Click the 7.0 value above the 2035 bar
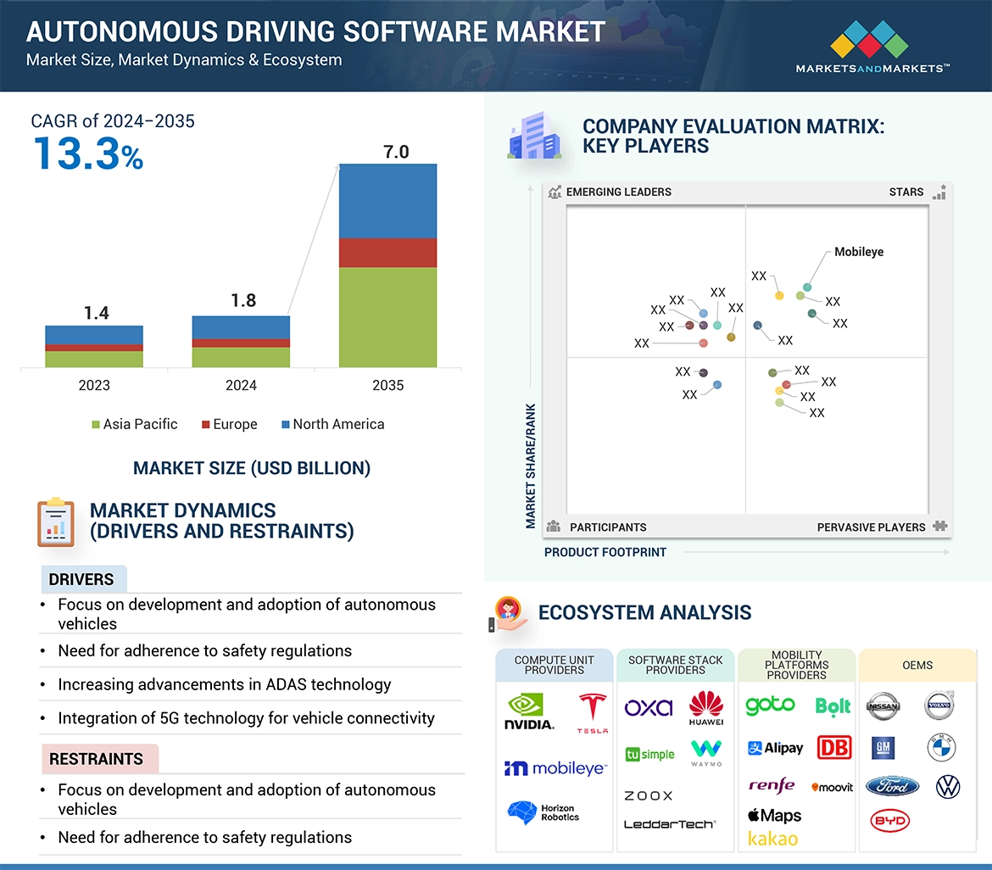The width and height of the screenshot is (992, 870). pyautogui.click(x=396, y=152)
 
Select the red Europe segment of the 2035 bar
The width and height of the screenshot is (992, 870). pyautogui.click(x=387, y=253)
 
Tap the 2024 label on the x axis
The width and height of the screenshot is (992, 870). pyautogui.click(x=241, y=385)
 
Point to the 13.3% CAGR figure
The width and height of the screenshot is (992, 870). pyautogui.click(x=88, y=154)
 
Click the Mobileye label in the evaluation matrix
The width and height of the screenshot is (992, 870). pyautogui.click(x=858, y=252)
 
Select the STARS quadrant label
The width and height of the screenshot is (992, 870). pyautogui.click(x=906, y=192)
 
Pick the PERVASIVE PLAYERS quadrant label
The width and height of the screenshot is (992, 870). pyautogui.click(x=871, y=527)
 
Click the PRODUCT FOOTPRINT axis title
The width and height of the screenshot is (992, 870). pyautogui.click(x=605, y=552)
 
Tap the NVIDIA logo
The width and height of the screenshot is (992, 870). pyautogui.click(x=529, y=712)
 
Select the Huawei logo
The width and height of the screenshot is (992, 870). pyautogui.click(x=705, y=709)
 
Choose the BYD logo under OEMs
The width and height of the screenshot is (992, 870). pyautogui.click(x=889, y=820)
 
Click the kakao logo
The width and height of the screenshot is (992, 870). pyautogui.click(x=772, y=839)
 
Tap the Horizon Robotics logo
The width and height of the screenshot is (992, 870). pyautogui.click(x=543, y=812)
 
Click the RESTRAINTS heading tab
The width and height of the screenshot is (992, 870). pyautogui.click(x=97, y=759)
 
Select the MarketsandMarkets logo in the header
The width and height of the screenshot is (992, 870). pyautogui.click(x=872, y=47)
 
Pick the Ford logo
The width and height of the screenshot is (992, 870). pyautogui.click(x=892, y=786)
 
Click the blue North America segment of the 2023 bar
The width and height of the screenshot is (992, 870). pyautogui.click(x=94, y=335)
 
